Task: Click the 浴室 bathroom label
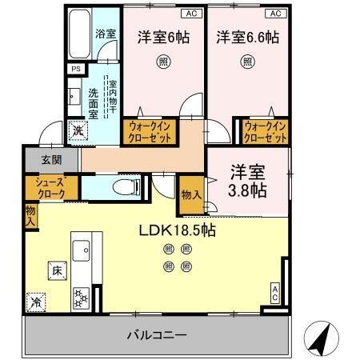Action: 106,34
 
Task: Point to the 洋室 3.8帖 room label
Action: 246,181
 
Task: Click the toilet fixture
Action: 126,187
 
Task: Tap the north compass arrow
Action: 321,339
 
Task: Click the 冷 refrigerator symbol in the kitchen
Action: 36,302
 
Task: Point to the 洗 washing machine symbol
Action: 78,130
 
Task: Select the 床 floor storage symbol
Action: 57,270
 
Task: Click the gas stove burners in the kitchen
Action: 82,299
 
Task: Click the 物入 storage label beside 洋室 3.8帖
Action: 191,195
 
